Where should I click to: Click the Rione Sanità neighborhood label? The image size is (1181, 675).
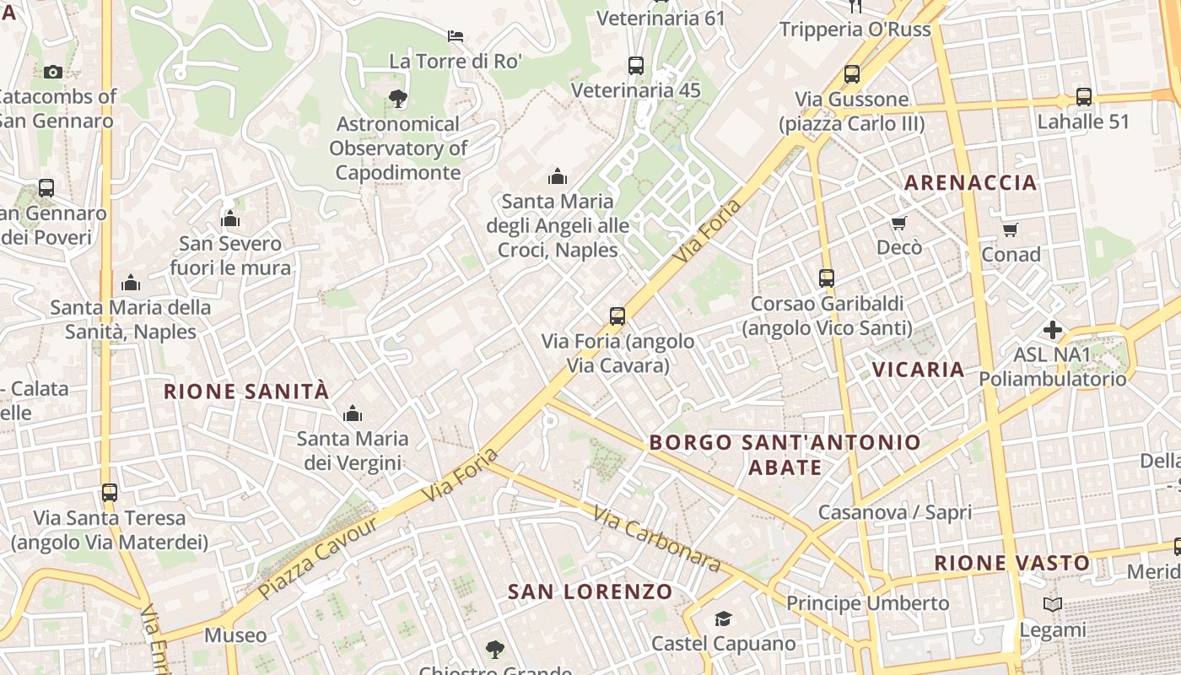click(245, 391)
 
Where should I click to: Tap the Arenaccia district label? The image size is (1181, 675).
click(970, 182)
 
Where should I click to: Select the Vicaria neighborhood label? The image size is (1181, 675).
click(918, 370)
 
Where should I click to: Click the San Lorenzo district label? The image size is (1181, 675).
click(590, 591)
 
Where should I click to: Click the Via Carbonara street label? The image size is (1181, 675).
click(656, 538)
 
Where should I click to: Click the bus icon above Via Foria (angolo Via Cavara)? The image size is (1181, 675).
click(617, 316)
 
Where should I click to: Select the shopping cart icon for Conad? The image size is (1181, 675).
click(1010, 229)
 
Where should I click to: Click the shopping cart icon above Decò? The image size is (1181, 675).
click(898, 224)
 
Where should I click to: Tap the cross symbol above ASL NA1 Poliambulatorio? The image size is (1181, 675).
click(1052, 329)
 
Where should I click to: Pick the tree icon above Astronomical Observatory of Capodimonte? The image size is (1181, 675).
click(398, 99)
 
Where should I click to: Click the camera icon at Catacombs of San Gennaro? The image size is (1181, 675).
click(53, 72)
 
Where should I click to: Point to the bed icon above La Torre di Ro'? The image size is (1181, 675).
click(456, 36)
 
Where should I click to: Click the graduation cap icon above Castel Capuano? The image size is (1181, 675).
click(723, 619)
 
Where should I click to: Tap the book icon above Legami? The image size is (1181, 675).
click(1052, 604)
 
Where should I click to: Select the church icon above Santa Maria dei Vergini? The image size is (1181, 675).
click(353, 413)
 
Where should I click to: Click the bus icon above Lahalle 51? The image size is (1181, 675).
click(1083, 97)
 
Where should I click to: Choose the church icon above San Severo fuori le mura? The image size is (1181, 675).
click(230, 219)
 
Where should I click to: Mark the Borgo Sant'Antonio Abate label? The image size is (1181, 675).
click(785, 454)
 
